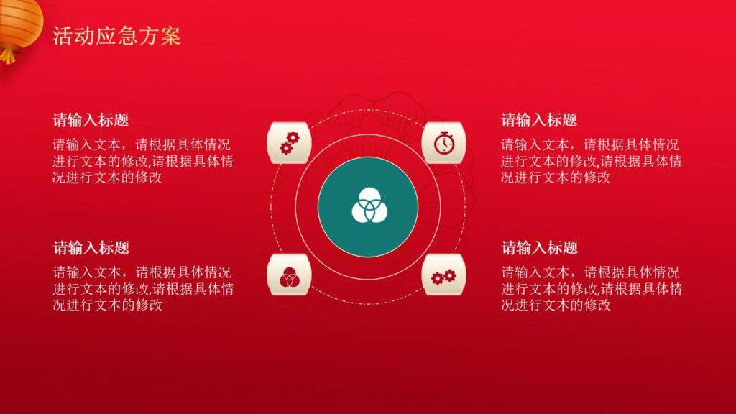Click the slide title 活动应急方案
pos(116,37)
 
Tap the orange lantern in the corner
pos(19,22)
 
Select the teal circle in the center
pos(368,207)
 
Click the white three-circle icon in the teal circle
pos(368,207)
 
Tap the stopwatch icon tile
pos(444,142)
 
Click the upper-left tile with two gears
pos(288,142)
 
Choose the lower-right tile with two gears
pos(444,275)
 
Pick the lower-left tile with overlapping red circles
pos(288,275)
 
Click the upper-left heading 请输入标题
pos(91,120)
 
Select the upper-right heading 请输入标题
pos(539,120)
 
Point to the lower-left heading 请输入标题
pos(91,248)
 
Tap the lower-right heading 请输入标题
pos(539,248)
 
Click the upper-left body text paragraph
pos(142,161)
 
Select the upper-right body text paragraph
pos(591,161)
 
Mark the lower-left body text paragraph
pos(142,289)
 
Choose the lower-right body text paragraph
pos(591,289)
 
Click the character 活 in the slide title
pos(63,37)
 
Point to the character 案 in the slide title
pos(170,37)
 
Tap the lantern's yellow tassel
pos(8,55)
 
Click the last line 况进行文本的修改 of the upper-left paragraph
pos(107,178)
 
